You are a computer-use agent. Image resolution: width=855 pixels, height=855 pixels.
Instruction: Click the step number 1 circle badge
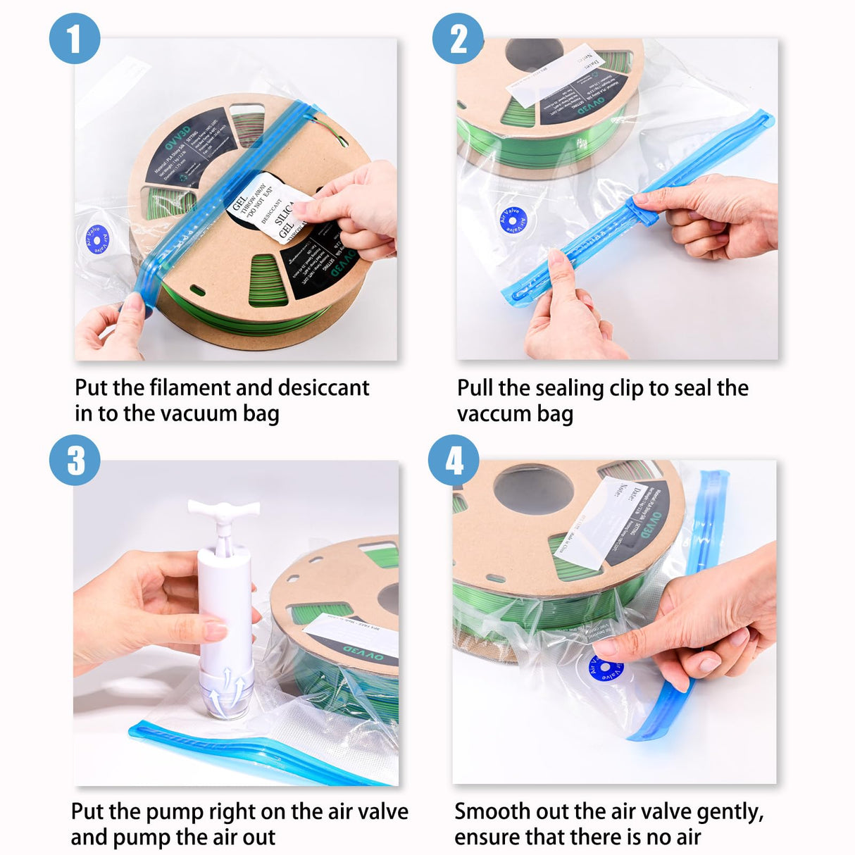click(x=74, y=39)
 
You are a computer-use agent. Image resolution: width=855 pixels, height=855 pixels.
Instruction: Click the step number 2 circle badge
click(x=458, y=39)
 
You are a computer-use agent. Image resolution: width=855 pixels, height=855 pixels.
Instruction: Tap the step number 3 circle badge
click(x=75, y=461)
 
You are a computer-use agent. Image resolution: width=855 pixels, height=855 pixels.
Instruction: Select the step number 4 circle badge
click(x=454, y=461)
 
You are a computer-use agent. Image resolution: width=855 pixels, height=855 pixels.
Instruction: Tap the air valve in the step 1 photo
click(x=96, y=239)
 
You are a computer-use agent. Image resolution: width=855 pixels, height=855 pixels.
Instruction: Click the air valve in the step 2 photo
click(x=513, y=220)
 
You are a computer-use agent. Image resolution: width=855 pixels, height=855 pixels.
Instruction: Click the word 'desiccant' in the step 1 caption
click(x=323, y=388)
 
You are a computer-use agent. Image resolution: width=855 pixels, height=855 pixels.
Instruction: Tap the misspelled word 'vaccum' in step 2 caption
click(x=493, y=414)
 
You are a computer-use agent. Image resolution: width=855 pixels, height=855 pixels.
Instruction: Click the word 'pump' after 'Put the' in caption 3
click(x=176, y=812)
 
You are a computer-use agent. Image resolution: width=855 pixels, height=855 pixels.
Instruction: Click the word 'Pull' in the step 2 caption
click(x=475, y=388)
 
